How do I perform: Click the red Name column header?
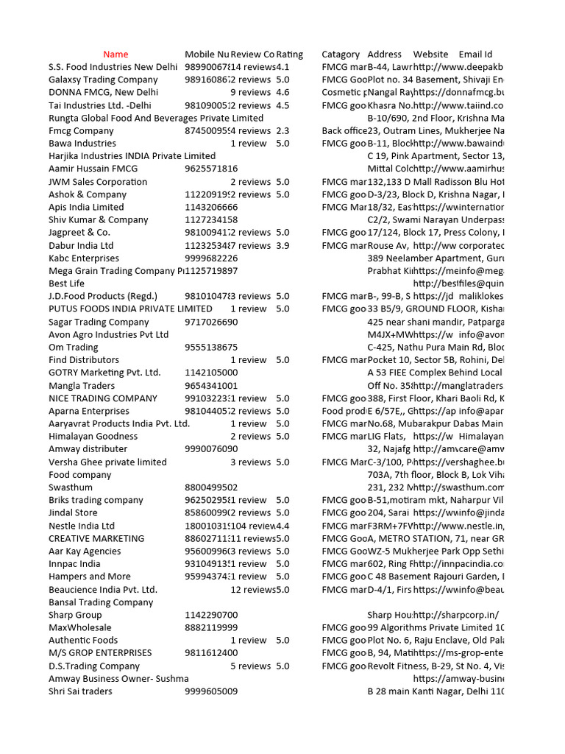click(116, 54)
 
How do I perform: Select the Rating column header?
click(289, 54)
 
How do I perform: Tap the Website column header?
click(430, 54)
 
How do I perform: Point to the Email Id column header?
click(475, 54)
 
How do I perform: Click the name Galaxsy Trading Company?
click(103, 80)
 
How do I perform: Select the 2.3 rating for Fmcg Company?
click(282, 130)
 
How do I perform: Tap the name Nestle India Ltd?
click(82, 526)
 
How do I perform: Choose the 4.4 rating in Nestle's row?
click(282, 526)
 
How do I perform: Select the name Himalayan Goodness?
click(93, 437)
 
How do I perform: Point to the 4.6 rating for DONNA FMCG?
click(282, 93)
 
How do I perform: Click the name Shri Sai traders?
click(80, 691)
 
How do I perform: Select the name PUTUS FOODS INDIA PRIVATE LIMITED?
click(130, 309)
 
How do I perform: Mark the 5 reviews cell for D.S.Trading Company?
click(250, 666)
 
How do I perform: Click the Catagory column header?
click(341, 54)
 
